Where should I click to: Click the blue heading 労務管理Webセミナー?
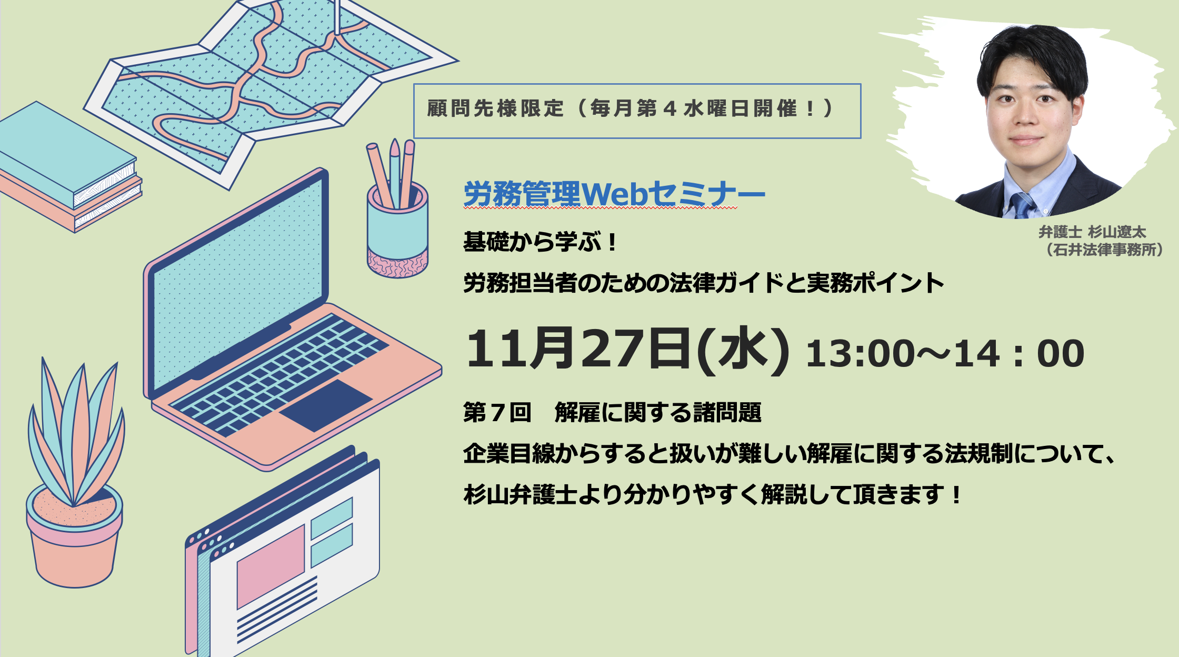coord(614,194)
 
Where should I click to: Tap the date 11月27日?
coord(578,349)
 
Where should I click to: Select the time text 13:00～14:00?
coord(945,353)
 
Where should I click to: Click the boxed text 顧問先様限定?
coord(495,108)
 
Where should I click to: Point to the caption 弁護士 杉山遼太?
coord(1092,232)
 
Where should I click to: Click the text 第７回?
coord(497,412)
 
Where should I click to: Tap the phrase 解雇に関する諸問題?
coord(658,412)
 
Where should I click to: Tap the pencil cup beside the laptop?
coord(397,232)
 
